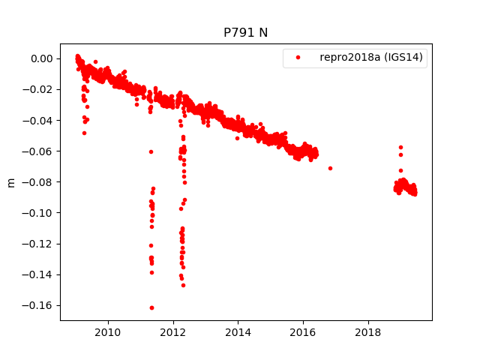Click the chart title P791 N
tap(245, 32)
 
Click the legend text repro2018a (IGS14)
tap(373, 57)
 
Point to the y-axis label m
tap(11, 182)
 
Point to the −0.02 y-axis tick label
tap(39, 89)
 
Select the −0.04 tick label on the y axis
tap(39, 120)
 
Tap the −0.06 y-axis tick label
tap(39, 151)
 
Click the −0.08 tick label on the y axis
tap(39, 182)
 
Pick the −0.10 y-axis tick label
tap(39, 213)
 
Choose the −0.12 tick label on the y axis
tap(39, 244)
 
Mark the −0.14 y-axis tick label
tap(39, 274)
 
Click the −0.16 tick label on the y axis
tap(39, 305)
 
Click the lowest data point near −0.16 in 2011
tap(151, 307)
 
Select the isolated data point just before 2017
tap(330, 168)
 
